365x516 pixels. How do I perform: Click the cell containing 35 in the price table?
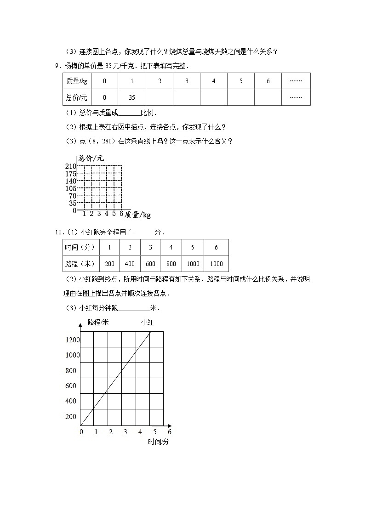coord(132,97)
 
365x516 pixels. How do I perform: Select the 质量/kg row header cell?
coord(76,81)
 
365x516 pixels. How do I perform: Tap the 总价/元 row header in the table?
coord(76,97)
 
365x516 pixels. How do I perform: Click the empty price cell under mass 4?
coord(214,97)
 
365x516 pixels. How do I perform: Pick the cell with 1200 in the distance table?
coord(216,264)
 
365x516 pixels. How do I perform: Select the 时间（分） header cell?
coord(80,247)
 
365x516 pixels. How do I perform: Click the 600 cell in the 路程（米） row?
coord(150,264)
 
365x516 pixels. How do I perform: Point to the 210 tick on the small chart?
coord(70,166)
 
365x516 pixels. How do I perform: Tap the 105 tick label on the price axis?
coord(70,188)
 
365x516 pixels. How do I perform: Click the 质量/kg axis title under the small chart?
coord(137,215)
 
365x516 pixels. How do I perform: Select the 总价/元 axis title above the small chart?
coord(91,158)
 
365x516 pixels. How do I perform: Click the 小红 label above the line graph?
coord(147,323)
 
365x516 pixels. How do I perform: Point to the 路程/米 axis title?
coord(98,323)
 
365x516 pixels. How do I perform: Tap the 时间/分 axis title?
coord(159,442)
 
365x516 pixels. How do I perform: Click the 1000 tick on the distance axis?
coord(73,355)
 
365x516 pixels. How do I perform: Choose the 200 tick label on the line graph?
coord(71,417)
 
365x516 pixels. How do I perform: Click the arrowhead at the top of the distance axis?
coord(80,324)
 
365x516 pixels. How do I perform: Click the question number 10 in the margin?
coord(58,232)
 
